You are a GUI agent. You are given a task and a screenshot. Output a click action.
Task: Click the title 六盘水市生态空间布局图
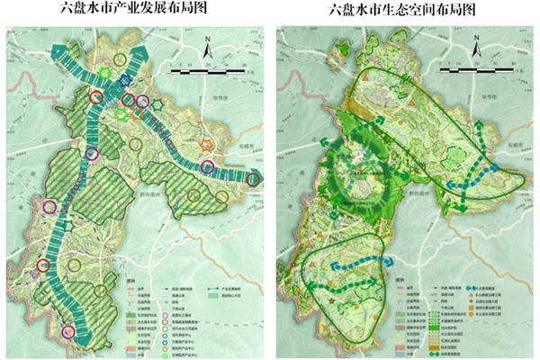(x=407, y=10)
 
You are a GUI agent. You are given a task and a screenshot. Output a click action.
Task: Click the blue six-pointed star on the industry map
(x=125, y=80)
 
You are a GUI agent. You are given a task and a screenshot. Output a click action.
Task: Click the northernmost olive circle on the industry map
(x=120, y=59)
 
